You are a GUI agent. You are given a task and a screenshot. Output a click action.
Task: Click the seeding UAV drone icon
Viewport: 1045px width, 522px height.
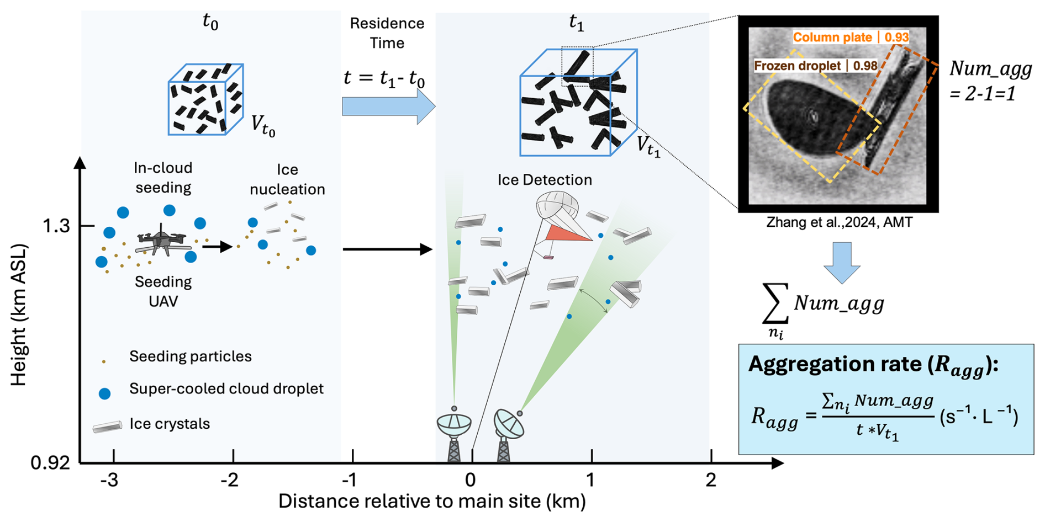pos(161,241)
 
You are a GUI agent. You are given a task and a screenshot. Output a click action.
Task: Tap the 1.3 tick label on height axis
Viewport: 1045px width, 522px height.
pos(56,226)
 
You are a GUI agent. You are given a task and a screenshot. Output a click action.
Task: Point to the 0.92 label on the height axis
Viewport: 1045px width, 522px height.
pos(50,462)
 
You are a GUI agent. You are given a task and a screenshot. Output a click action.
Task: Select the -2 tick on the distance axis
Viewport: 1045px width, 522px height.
pos(230,480)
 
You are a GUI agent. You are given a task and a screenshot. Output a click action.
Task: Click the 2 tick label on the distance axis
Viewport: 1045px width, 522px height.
pos(711,480)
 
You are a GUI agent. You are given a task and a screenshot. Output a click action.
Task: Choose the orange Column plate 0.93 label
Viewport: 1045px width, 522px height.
pos(851,38)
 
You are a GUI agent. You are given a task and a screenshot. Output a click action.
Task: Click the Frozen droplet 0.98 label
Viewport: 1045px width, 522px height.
pos(815,66)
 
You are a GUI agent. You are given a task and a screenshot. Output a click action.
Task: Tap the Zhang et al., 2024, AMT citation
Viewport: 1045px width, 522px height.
pos(839,222)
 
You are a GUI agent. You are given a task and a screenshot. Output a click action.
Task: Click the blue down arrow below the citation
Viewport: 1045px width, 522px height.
pos(842,262)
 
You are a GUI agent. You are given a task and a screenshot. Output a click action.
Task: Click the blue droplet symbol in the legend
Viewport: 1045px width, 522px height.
pos(104,393)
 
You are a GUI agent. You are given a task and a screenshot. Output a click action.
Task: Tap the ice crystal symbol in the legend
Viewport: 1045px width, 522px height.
pos(108,427)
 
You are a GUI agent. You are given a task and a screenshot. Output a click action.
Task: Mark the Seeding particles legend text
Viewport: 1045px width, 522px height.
pos(190,356)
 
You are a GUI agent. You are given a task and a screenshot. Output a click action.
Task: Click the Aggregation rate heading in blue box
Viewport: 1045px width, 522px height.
pos(873,365)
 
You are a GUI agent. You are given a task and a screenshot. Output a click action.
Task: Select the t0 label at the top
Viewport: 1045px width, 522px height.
pos(210,22)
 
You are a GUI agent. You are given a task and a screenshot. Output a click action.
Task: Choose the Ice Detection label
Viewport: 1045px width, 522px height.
pos(544,180)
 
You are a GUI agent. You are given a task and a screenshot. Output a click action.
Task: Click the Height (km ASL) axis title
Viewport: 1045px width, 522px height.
pos(19,315)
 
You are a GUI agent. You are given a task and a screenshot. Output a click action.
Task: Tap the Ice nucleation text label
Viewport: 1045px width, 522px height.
pos(287,179)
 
